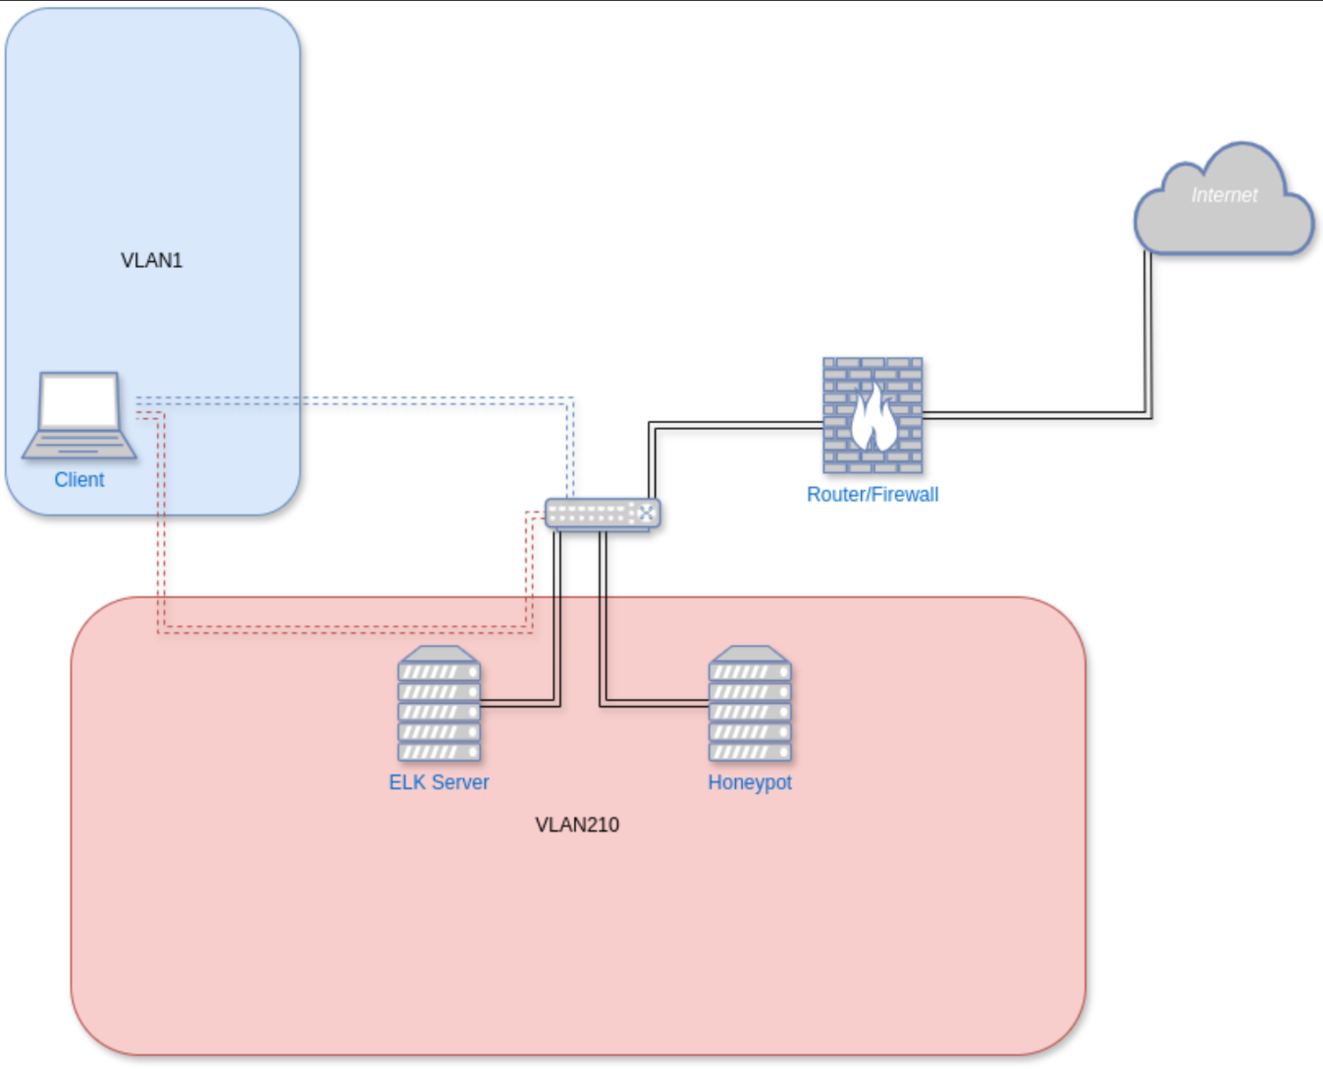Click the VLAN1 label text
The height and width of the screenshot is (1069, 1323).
(x=151, y=260)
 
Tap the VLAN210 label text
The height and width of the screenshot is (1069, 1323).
(x=577, y=825)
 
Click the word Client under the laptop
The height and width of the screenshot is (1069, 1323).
(x=79, y=480)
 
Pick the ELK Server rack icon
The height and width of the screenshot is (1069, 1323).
(x=439, y=705)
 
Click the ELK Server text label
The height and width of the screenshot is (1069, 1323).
(x=439, y=782)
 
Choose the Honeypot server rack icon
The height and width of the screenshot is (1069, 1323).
(x=750, y=705)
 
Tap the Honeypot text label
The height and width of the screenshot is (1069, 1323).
(x=750, y=782)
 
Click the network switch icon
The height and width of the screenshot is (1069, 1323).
(x=602, y=513)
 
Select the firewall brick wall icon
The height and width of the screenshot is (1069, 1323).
(x=873, y=415)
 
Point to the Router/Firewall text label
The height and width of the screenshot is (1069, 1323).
(x=873, y=495)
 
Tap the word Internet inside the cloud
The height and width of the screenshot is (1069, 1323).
(x=1224, y=195)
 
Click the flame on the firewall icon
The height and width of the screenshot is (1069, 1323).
(x=872, y=419)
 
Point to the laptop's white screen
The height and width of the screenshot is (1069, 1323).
(x=79, y=401)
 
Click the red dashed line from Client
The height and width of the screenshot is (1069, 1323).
(x=344, y=628)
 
